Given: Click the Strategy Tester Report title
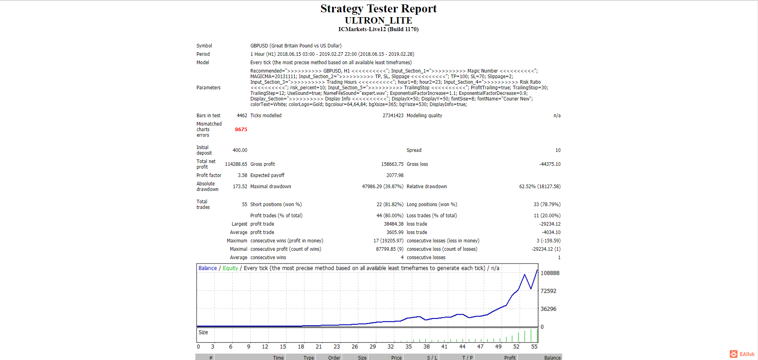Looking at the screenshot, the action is tap(378, 9).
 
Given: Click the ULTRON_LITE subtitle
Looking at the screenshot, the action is tap(378, 20).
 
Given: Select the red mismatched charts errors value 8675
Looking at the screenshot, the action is tap(241, 130).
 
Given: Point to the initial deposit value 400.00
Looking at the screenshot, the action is tap(240, 150).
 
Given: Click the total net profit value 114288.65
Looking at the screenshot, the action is tap(236, 164).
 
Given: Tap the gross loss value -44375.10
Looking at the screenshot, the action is tap(550, 164).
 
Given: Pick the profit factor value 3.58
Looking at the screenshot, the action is tap(242, 175).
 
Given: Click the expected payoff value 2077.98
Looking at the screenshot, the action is tap(395, 175).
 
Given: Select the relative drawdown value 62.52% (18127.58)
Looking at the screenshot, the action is tap(540, 187).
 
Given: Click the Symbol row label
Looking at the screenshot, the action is tap(204, 46).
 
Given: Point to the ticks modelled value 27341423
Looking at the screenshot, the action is tap(393, 116).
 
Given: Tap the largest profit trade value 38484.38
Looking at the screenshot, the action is tap(394, 224).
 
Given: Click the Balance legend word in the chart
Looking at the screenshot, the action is tap(208, 268).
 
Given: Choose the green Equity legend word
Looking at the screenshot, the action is tap(230, 268).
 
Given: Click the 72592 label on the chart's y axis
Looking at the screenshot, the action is tap(548, 291).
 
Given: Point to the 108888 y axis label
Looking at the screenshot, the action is tap(550, 273).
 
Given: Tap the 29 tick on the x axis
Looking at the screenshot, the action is tap(373, 347).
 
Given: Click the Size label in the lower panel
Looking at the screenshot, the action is tap(203, 332).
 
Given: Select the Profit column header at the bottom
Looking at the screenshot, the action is tap(510, 358).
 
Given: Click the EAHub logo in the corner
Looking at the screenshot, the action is tap(742, 354).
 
